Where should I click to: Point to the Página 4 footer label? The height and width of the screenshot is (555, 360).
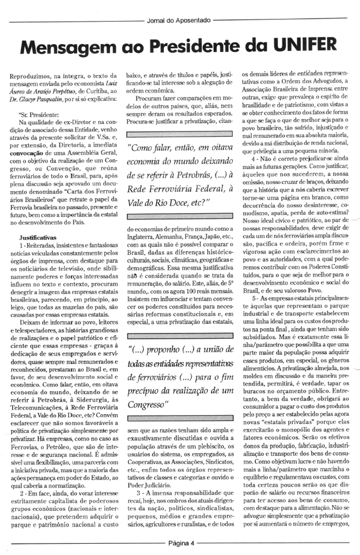coord(181,543)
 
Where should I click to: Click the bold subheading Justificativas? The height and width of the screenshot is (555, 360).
coord(38,237)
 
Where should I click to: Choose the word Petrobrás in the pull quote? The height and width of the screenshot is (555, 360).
coord(182,175)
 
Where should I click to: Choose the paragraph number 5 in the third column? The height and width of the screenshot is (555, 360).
coord(254,299)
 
